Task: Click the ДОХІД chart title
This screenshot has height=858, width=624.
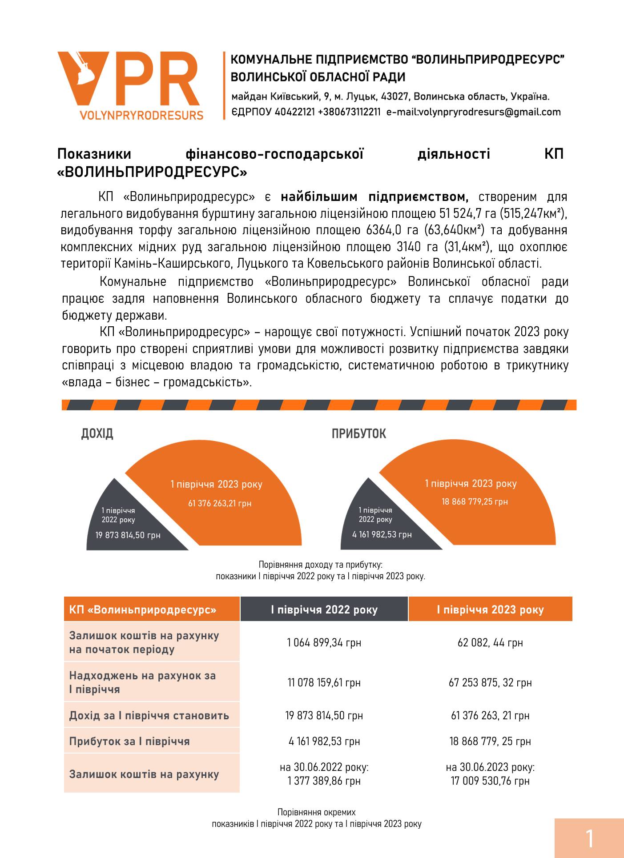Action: pos(97,434)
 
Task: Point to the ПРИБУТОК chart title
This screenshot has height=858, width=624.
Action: pos(358,434)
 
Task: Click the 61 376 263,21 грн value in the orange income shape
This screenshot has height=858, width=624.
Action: pos(220,504)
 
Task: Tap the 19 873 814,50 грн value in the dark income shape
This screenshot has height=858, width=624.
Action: pos(128,535)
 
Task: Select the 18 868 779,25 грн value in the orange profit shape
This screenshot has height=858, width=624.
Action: pos(475,502)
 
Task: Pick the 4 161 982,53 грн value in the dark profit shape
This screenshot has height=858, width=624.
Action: pos(382,534)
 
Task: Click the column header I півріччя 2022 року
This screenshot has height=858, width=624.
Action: pos(324,609)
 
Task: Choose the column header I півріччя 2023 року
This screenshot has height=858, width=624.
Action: pos(490,609)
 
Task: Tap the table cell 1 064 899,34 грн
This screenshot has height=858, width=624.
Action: pos(324,642)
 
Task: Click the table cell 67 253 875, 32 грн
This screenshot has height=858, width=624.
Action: pos(490,682)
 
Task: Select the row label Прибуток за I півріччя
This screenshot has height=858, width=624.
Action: pos(129,742)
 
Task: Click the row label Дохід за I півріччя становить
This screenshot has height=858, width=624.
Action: pos(149,716)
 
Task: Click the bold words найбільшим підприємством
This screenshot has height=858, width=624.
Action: pos(374,196)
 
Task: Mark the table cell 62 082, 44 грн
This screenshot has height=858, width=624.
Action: pos(490,642)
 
